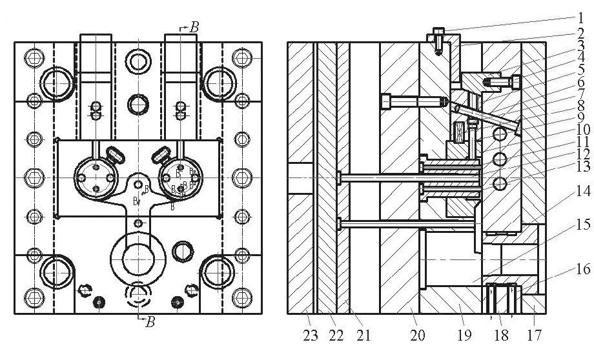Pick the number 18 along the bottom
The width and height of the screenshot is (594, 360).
[500, 335]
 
